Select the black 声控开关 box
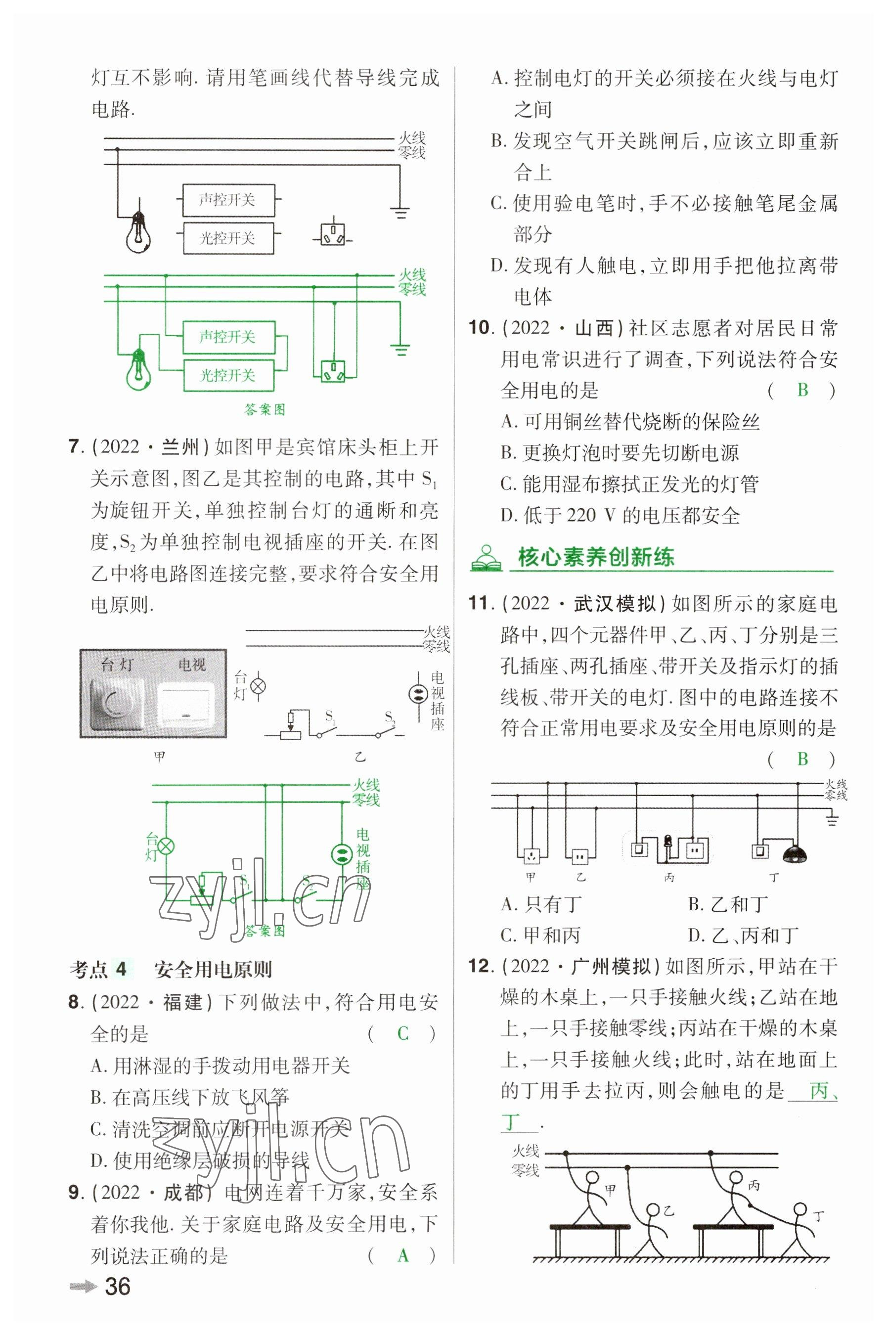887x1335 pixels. pos(228,200)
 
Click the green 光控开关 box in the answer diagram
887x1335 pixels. pos(228,375)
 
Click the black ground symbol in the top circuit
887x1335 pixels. pos(400,212)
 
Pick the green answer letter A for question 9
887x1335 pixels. pos(403,1256)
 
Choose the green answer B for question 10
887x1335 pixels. pos(802,390)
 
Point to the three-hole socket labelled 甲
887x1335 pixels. pos(531,855)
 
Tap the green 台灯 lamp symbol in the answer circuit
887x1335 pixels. pos(166,847)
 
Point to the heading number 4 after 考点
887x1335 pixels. pos(121,970)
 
